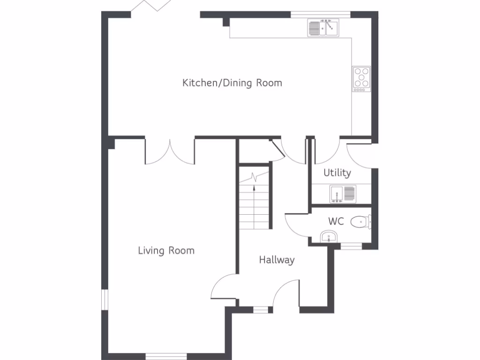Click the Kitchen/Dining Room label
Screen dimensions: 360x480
[232, 83]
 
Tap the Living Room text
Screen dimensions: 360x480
[166, 250]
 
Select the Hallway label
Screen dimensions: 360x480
[277, 260]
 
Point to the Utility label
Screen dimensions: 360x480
[337, 173]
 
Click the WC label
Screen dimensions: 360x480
[336, 221]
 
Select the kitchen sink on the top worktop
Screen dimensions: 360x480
[323, 28]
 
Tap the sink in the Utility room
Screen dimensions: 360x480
[343, 194]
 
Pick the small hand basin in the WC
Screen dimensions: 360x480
[329, 237]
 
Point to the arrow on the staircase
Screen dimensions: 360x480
[254, 187]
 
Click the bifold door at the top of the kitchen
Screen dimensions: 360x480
[152, 7]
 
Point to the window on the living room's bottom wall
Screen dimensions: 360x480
[166, 356]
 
